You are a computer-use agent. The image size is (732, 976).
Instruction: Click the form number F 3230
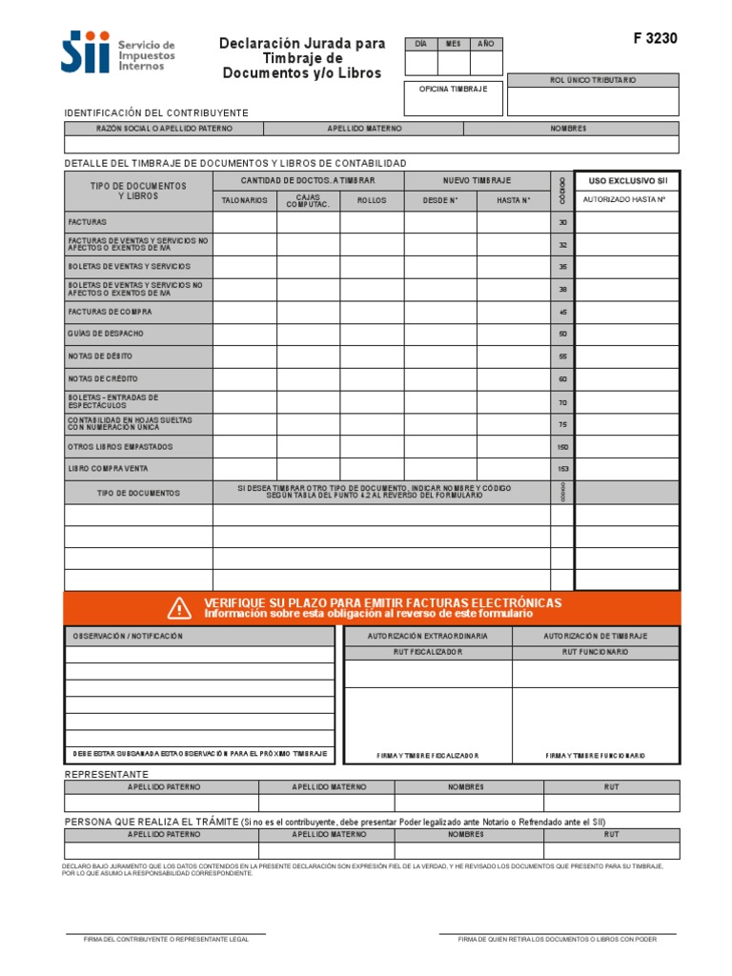point(655,39)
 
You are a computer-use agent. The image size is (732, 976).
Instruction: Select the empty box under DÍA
point(421,63)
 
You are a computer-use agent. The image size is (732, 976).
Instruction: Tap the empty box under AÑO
point(486,63)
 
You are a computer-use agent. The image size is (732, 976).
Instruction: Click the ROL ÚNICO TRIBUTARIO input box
point(593,101)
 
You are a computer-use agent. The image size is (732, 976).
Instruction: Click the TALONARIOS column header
point(245,201)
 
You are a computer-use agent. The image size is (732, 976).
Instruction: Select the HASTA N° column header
point(513,201)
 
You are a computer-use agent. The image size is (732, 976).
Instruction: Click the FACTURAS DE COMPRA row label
point(110,312)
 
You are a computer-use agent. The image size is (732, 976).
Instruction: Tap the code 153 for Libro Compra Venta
point(562,469)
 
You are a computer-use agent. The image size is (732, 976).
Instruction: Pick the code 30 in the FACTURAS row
point(562,222)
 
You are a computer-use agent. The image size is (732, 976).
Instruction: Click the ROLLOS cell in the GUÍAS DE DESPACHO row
point(372,335)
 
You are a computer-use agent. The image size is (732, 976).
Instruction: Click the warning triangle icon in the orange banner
point(179,607)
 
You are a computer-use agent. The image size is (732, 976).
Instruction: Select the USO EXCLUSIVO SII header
point(627,180)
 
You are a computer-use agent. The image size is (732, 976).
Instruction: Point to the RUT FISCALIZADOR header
point(428,652)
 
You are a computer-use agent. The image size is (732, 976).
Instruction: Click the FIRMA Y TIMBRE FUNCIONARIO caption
point(596,755)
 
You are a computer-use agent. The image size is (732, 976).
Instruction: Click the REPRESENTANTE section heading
point(106,774)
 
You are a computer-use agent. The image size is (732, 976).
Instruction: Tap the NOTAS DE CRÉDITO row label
point(103,378)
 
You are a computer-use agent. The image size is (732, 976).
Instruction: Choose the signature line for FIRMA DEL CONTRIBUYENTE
point(166,933)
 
